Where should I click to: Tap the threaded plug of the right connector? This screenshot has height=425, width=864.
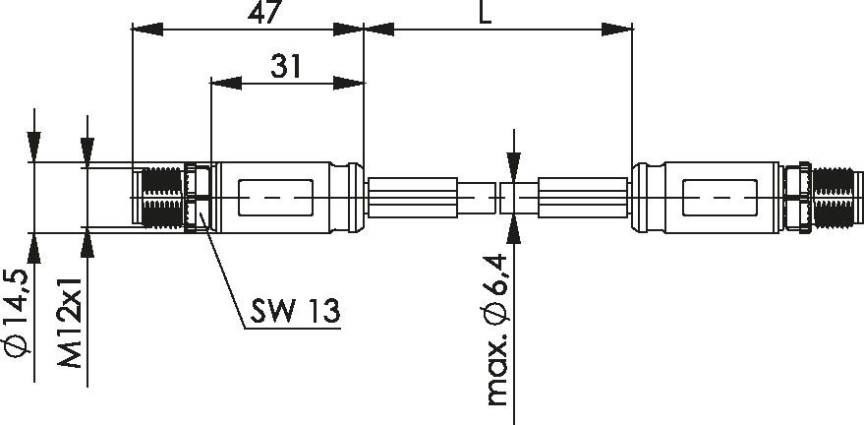pos(835,197)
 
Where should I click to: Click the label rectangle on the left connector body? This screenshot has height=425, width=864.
pos(276,198)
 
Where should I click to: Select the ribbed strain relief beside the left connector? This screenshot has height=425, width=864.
pos(413,197)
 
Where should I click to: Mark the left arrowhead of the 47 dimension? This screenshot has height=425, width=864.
pos(144,30)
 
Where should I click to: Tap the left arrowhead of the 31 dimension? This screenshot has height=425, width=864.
pos(222,84)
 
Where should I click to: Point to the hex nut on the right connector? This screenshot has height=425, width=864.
pos(795,197)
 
